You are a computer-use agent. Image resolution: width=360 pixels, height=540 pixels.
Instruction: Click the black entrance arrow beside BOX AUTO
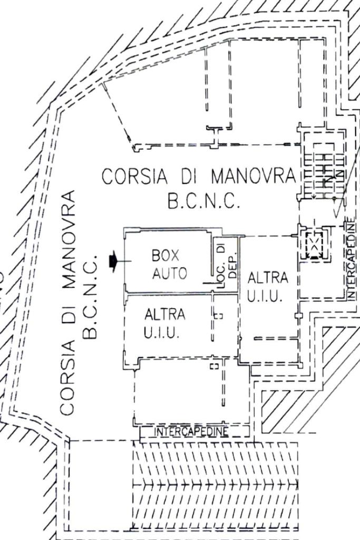pyautogui.click(x=112, y=261)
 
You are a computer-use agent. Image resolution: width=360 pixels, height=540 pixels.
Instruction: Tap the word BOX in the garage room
pyautogui.click(x=166, y=256)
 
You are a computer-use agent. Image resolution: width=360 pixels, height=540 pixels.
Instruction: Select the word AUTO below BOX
pyautogui.click(x=169, y=273)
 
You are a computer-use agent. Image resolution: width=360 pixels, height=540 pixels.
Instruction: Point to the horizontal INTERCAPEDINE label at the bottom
pyautogui.click(x=192, y=432)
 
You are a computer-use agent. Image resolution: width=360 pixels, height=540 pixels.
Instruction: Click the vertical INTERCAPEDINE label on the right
pyautogui.click(x=352, y=259)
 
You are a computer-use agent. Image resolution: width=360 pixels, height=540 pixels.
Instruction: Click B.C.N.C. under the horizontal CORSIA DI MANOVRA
pyautogui.click(x=203, y=201)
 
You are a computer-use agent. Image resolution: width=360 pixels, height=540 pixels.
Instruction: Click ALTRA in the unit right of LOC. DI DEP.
pyautogui.click(x=268, y=277)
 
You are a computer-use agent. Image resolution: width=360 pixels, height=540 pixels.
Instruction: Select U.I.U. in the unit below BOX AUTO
pyautogui.click(x=162, y=333)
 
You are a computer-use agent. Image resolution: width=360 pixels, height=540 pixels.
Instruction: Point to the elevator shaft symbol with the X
pyautogui.click(x=314, y=244)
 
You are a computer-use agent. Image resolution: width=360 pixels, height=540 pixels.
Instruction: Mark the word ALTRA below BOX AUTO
pyautogui.click(x=165, y=315)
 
